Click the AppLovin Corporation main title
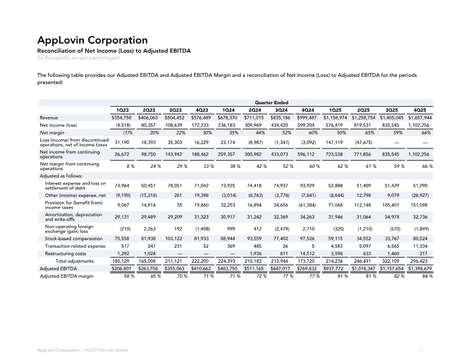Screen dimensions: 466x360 [93, 40]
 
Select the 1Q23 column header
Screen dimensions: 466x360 [122, 110]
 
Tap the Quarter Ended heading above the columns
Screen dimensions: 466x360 [271, 103]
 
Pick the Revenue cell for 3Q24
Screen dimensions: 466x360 [280, 118]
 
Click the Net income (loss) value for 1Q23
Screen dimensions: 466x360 [123, 125]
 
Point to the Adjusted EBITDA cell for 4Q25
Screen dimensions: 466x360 [419, 269]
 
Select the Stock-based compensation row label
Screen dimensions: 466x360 [74, 238]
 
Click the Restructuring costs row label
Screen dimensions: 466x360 [65, 253]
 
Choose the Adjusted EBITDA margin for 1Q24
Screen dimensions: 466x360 [235, 276]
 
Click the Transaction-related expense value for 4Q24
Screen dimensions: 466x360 [313, 246]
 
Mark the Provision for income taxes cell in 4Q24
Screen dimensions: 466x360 [307, 205]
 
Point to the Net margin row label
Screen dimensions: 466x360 [52, 133]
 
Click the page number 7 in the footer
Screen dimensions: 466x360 [421, 350]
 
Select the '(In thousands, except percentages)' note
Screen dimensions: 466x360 [79, 58]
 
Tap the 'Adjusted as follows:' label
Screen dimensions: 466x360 [61, 176]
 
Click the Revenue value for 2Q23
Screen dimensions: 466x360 [148, 118]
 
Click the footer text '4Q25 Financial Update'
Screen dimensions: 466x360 [107, 350]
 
